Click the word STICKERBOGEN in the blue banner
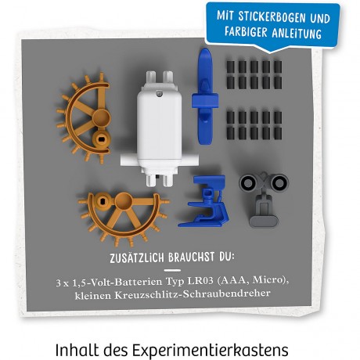pyautogui.click(x=270, y=16)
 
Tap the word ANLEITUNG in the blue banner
pyautogui.click(x=297, y=33)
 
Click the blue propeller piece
pyautogui.click(x=205, y=97)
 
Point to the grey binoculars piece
pyautogui.click(x=264, y=199)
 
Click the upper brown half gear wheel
pyautogui.click(x=85, y=118)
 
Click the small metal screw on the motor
pyautogui.click(x=159, y=93)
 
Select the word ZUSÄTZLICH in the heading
pyautogui.click(x=137, y=257)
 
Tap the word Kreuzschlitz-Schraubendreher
pyautogui.click(x=193, y=294)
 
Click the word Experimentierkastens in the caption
pyautogui.click(x=211, y=350)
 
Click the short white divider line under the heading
pyautogui.click(x=172, y=270)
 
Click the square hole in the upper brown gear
pyautogui.click(x=101, y=139)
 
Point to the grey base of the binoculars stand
pyautogui.click(x=264, y=221)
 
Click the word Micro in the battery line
pyautogui.click(x=270, y=280)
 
